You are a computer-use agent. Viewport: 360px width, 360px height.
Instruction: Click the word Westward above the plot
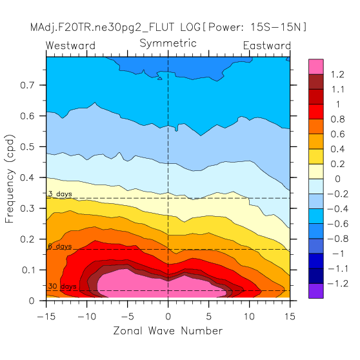coord(70,45)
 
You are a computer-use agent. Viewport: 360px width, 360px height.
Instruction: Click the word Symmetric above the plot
coord(168,44)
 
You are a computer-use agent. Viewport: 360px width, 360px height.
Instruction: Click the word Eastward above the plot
coord(267,45)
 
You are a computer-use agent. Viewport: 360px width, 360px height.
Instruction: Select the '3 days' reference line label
coord(60,194)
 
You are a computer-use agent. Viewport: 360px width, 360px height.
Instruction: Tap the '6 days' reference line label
coord(60,246)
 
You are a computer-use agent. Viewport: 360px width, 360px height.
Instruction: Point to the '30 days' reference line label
coord(62,286)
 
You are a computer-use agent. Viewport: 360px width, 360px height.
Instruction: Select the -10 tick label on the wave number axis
coord(87,317)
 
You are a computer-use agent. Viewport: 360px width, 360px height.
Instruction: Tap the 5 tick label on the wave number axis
coord(208,317)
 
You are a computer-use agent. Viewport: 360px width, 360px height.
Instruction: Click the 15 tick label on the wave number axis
coord(290,317)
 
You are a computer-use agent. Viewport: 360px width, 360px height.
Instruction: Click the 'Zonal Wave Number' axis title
coord(168,331)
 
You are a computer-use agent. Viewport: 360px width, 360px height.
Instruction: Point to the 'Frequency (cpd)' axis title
coord(10,179)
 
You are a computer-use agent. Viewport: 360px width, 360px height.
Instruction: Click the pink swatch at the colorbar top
coord(316,66)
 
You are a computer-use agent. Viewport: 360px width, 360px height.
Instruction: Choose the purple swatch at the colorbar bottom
coord(316,291)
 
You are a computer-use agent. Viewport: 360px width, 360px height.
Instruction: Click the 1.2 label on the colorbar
coord(337,74)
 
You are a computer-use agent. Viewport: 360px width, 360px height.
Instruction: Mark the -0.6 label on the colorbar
coord(337,224)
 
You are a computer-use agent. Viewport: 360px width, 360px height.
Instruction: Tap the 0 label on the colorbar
coord(337,179)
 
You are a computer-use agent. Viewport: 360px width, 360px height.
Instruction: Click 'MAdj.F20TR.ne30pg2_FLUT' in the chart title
coord(102,27)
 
